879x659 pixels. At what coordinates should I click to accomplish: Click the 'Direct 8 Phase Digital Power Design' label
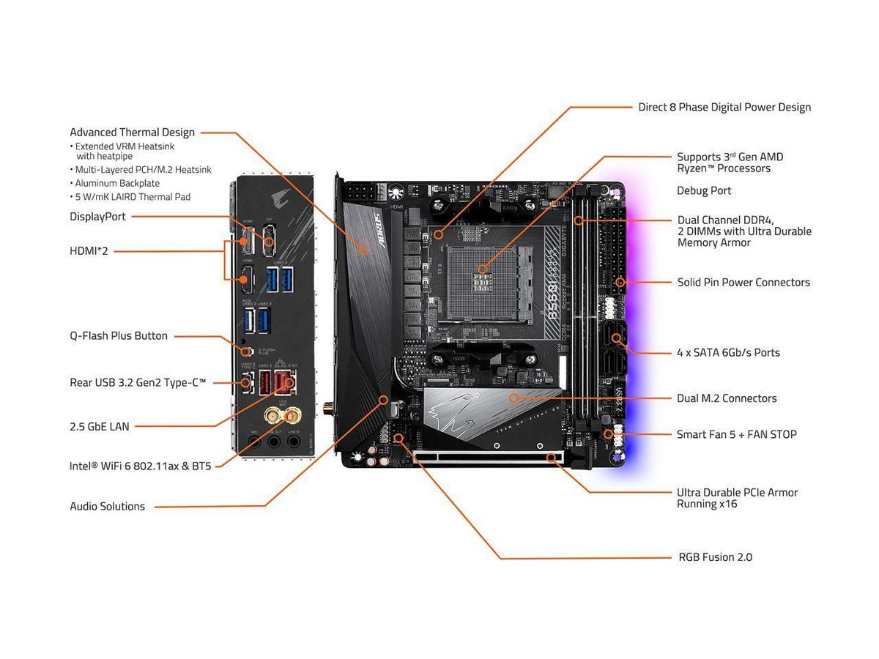(724, 107)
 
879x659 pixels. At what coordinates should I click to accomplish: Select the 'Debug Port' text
(703, 190)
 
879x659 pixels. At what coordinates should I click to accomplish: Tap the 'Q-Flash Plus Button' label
(119, 336)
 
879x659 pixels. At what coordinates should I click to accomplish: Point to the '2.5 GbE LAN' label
(100, 426)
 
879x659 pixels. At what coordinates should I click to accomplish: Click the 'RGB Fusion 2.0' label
(715, 557)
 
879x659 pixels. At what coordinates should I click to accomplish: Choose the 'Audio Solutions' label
(107, 506)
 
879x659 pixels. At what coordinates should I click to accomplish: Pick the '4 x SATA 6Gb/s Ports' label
(728, 352)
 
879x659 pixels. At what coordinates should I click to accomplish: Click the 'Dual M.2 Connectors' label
(727, 398)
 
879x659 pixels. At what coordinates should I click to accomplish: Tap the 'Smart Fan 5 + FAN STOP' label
(736, 434)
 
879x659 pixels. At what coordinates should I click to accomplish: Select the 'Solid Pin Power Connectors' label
(743, 282)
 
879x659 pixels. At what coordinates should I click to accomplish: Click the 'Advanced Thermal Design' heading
(132, 133)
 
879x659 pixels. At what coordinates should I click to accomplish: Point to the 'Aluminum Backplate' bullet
(117, 183)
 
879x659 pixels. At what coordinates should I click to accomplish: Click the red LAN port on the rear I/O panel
(284, 381)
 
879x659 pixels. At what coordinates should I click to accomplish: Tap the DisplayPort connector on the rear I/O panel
(269, 238)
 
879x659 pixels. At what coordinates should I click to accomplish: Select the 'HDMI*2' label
(89, 251)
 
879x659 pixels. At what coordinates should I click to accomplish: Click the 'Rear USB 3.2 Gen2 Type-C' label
(138, 382)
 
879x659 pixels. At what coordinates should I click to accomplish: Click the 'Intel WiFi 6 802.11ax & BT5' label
(140, 466)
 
